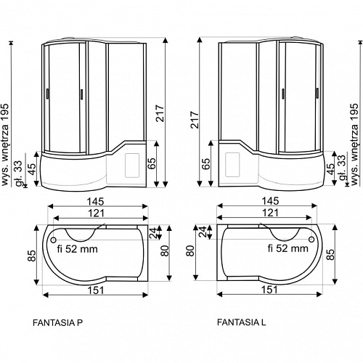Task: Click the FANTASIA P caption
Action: tap(57, 323)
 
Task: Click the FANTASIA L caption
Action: tap(241, 322)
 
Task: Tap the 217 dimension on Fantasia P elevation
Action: tap(160, 113)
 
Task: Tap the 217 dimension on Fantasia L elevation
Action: tap(195, 120)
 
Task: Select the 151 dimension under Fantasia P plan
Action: tap(96, 290)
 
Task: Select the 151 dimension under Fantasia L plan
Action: tap(269, 290)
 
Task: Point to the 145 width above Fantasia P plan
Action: tap(96, 201)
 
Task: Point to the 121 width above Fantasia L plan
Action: tap(270, 213)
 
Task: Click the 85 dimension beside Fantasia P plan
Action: tap(31, 256)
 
